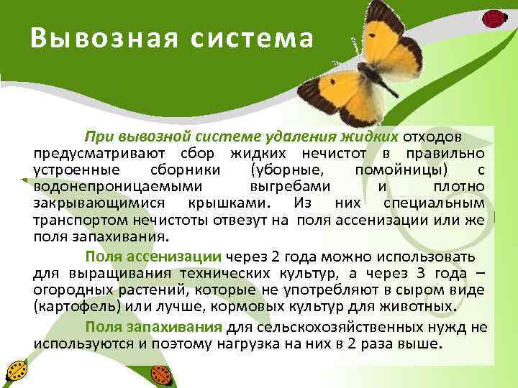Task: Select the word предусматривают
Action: click(99, 154)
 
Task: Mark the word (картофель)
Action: click(72, 308)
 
